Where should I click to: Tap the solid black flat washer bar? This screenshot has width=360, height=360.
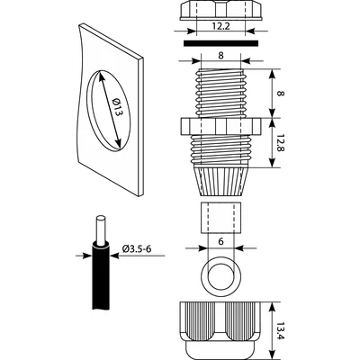[x=219, y=40]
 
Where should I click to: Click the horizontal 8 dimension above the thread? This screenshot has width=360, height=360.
[x=219, y=54]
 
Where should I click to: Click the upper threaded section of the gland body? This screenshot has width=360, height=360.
[x=219, y=90]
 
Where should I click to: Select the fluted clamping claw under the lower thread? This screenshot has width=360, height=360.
[x=219, y=175]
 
